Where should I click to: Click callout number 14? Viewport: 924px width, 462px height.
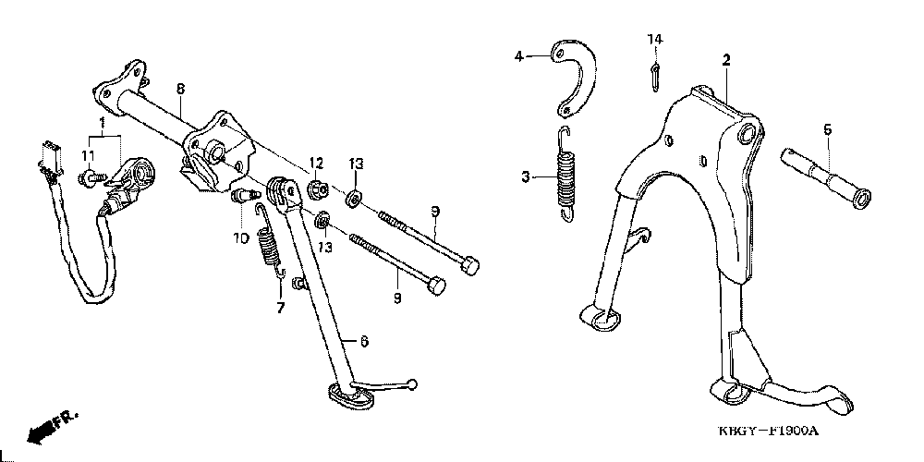click(654, 39)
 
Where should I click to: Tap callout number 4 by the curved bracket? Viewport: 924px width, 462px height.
click(519, 56)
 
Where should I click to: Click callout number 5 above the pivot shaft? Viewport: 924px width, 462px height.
click(827, 129)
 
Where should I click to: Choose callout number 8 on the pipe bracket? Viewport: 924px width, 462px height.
click(181, 88)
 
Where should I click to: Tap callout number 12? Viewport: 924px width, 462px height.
click(315, 163)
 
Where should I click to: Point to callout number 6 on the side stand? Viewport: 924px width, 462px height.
click(364, 342)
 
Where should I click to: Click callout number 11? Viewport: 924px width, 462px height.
click(90, 153)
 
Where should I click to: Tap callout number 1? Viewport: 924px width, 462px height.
click(103, 123)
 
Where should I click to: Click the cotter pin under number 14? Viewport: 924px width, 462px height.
click(654, 76)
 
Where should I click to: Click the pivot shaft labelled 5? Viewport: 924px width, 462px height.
click(820, 177)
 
